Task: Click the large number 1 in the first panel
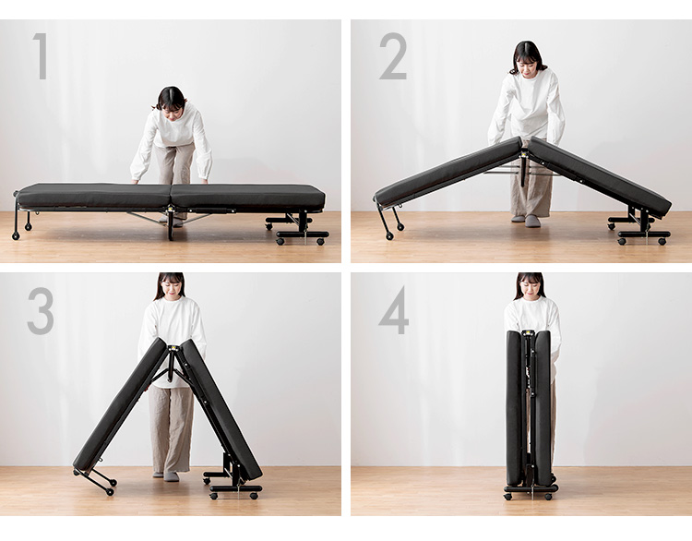pyautogui.click(x=41, y=56)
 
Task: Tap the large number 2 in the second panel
pyautogui.click(x=393, y=56)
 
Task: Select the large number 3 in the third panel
pyautogui.click(x=41, y=310)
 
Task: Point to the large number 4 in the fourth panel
pyautogui.click(x=394, y=310)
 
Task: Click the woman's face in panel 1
pyautogui.click(x=173, y=112)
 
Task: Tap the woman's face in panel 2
pyautogui.click(x=528, y=66)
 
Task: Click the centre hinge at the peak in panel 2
pyautogui.click(x=524, y=154)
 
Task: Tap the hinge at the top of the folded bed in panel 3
pyautogui.click(x=173, y=348)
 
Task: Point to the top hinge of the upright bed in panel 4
pyautogui.click(x=528, y=334)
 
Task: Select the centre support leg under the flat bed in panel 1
pyautogui.click(x=171, y=224)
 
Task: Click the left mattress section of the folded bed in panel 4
pyautogui.click(x=514, y=408)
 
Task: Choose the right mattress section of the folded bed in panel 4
pyautogui.click(x=543, y=408)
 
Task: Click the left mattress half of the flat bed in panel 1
pyautogui.click(x=93, y=196)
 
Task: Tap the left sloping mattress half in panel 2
pyautogui.click(x=447, y=172)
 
